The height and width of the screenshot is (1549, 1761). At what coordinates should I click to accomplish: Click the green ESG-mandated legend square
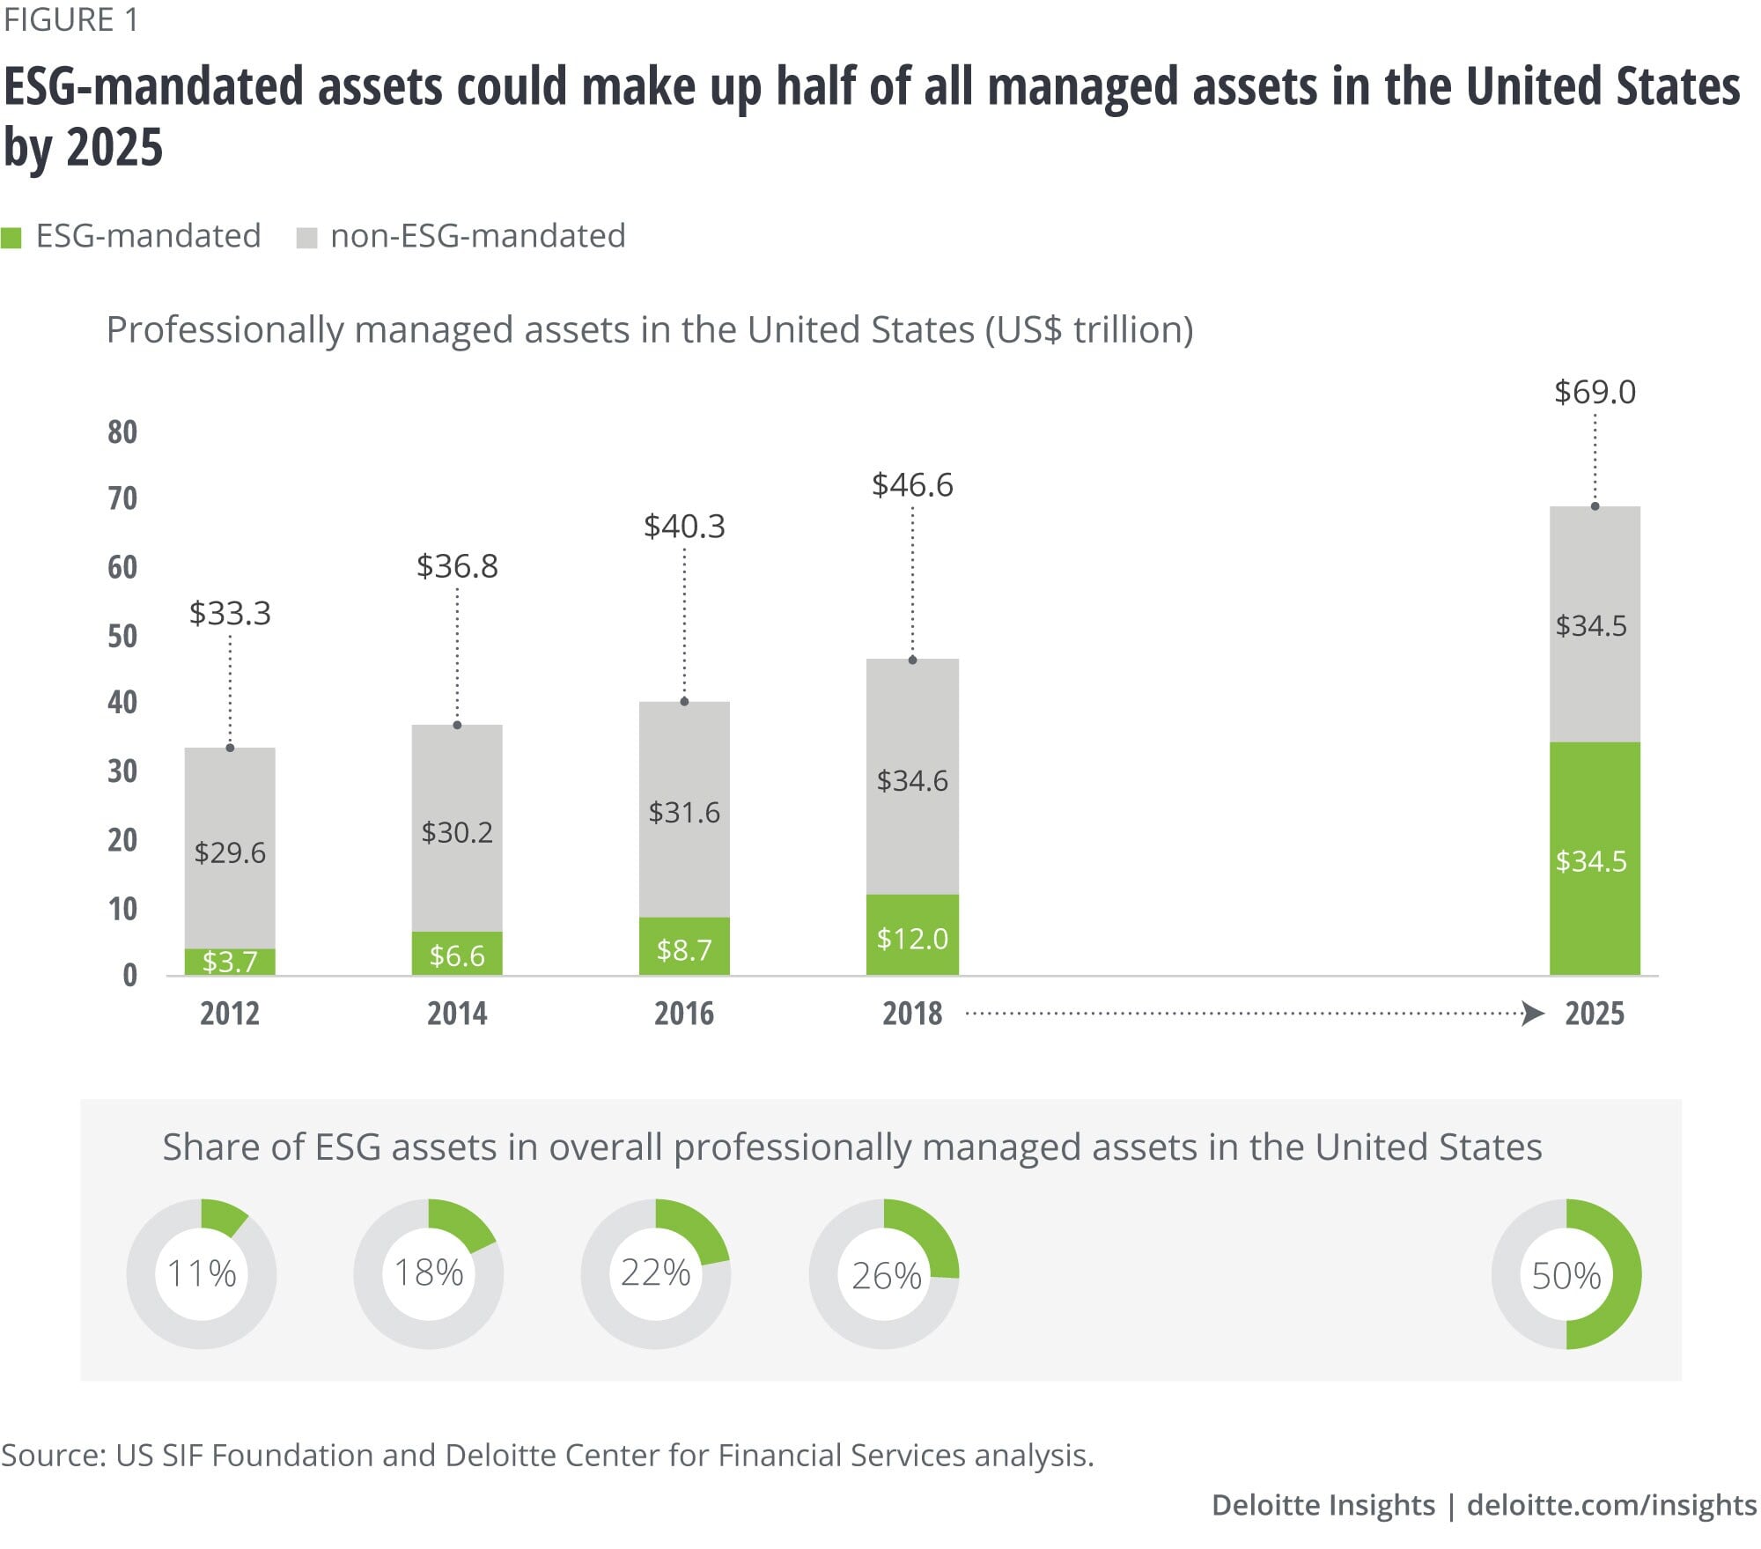point(11,238)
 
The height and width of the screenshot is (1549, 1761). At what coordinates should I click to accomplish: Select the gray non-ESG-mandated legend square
point(306,238)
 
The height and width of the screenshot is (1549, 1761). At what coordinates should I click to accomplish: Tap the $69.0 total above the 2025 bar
point(1595,393)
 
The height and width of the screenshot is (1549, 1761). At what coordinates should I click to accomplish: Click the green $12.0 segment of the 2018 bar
point(912,935)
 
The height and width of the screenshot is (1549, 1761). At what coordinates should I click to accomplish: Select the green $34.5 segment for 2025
point(1595,859)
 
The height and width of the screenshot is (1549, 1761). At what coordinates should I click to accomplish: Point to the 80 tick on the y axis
point(122,432)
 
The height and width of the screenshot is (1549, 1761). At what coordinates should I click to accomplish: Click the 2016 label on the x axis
point(684,1014)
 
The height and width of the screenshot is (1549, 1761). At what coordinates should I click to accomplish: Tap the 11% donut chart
point(202,1273)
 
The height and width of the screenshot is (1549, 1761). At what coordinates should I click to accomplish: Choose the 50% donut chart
point(1566,1273)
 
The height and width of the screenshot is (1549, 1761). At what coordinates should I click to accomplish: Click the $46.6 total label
point(912,485)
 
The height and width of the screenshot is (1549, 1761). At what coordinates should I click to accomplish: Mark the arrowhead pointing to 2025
point(1533,1014)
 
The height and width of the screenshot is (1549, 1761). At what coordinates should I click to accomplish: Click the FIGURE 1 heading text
point(71,19)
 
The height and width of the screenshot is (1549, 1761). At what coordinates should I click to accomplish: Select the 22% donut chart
point(656,1273)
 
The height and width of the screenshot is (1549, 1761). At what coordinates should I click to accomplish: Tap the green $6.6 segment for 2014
point(457,954)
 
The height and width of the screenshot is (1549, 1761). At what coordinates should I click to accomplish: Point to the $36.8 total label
point(457,566)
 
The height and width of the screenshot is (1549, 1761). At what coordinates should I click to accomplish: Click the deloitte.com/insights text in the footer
point(1611,1505)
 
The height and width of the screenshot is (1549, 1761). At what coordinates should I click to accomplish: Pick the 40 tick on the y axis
point(122,703)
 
